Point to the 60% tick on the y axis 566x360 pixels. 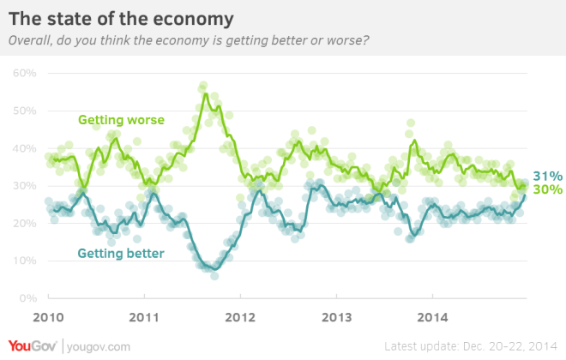(23, 74)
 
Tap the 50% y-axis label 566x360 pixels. (23, 111)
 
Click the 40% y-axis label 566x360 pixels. (23, 148)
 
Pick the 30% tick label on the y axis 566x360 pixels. (23, 186)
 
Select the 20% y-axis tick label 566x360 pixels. (23, 224)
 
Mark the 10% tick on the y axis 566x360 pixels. (23, 261)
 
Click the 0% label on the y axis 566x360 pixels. (26, 298)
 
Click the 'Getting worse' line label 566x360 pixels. (121, 119)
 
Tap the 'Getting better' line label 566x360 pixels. (121, 253)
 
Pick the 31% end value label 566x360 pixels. (545, 175)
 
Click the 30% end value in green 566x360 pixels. (545, 189)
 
